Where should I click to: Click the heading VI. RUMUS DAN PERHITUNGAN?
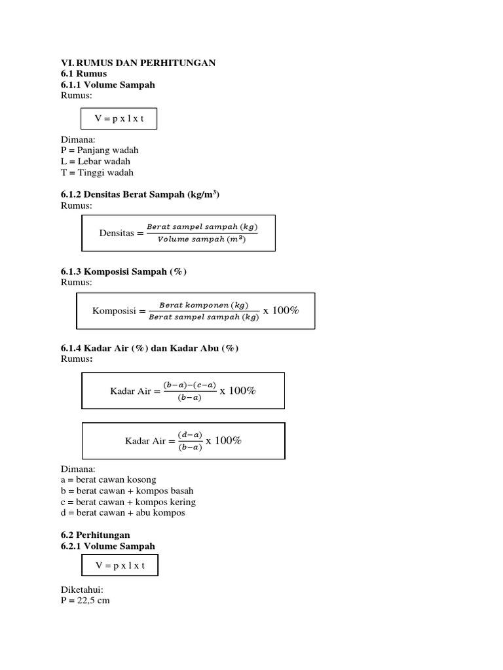click(x=138, y=62)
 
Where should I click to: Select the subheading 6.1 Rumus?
click(x=84, y=73)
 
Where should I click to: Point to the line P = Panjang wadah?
click(x=100, y=150)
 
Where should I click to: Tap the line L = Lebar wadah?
click(x=96, y=161)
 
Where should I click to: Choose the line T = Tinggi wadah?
click(x=97, y=173)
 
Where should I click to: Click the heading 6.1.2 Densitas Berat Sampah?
click(x=140, y=195)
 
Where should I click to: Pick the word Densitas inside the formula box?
click(x=116, y=233)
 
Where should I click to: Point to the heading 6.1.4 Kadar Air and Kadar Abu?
click(x=149, y=348)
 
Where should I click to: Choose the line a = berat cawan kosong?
click(x=109, y=480)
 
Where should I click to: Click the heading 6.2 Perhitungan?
click(x=95, y=535)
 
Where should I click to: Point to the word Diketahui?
click(x=83, y=590)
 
